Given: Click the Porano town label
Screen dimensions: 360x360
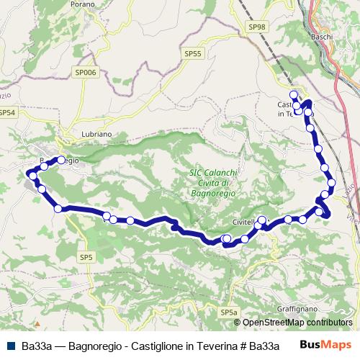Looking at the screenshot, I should [x=83, y=4].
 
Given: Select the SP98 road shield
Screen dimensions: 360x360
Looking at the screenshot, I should [x=256, y=27].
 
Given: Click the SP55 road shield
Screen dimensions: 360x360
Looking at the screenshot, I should [x=193, y=53].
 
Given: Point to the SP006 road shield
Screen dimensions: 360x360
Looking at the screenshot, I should [x=85, y=72].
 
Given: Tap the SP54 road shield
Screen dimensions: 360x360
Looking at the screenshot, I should [x=6, y=113].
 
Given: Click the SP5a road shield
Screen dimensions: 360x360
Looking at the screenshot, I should [x=228, y=312].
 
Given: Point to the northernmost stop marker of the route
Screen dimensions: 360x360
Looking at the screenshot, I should [x=293, y=94].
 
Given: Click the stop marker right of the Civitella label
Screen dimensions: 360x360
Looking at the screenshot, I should [x=262, y=220].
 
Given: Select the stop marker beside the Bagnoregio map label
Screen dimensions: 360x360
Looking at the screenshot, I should [x=61, y=160].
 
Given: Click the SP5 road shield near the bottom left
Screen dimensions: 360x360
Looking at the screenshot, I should [x=86, y=257].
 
